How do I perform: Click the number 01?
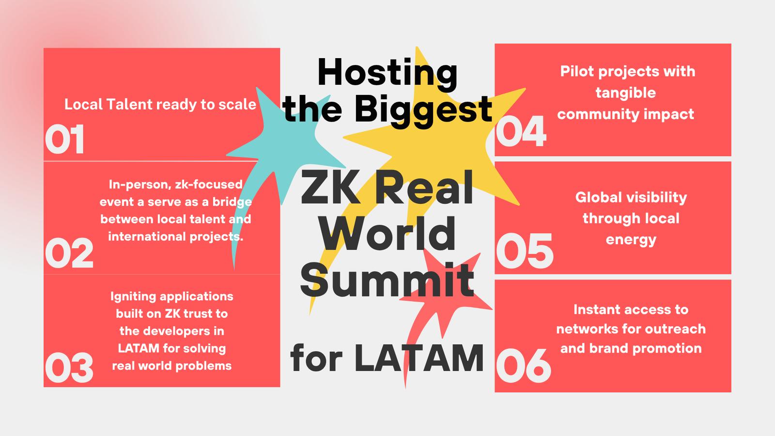click(x=64, y=139)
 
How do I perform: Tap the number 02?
click(x=69, y=253)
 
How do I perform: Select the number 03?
click(x=69, y=368)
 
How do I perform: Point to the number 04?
click(x=521, y=131)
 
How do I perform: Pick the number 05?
click(x=525, y=251)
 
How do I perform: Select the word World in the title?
click(x=387, y=233)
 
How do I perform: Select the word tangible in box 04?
click(x=625, y=93)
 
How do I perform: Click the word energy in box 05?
click(x=631, y=240)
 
